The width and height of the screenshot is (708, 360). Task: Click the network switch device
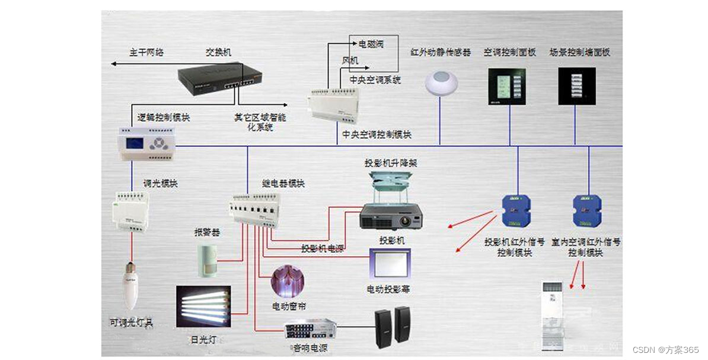(220, 77)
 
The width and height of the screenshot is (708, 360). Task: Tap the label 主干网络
(146, 52)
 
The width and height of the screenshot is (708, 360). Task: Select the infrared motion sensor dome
(441, 82)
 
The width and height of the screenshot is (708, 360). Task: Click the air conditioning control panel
(507, 87)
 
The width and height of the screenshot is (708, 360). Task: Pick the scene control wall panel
(577, 87)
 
